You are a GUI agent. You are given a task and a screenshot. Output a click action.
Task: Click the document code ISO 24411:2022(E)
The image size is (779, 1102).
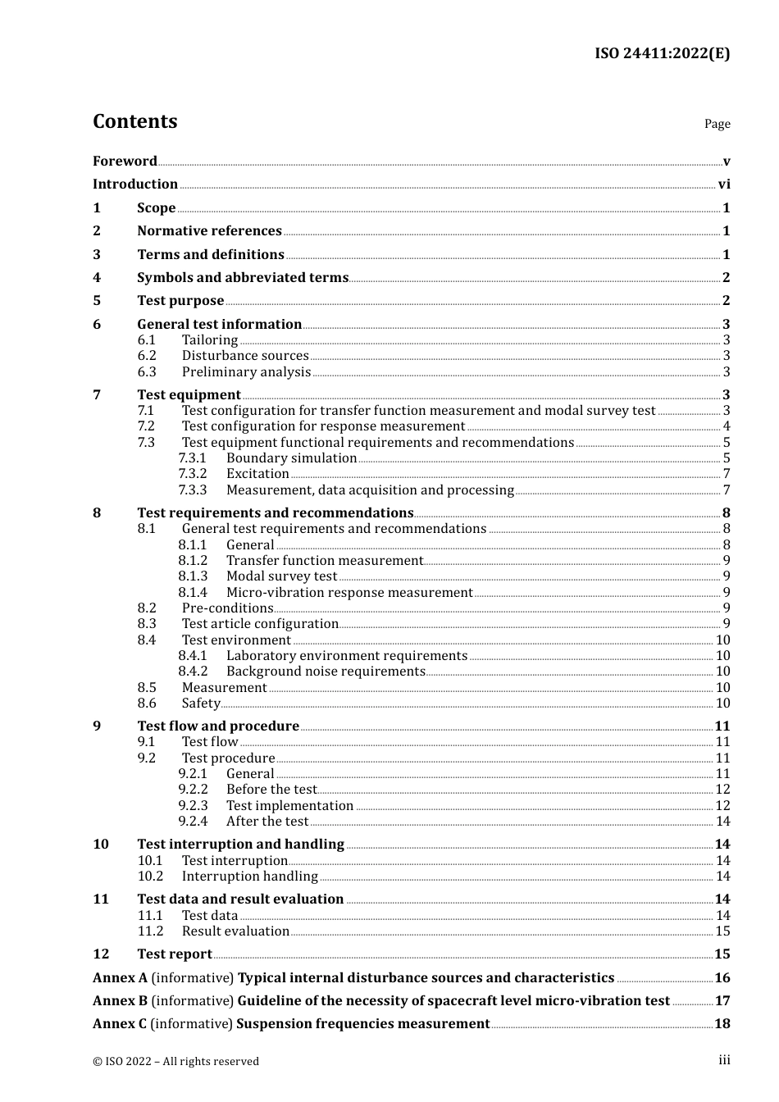662,53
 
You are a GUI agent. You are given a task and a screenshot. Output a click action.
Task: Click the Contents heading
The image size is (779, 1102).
134,121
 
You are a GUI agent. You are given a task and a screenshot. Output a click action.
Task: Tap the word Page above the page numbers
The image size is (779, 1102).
717,124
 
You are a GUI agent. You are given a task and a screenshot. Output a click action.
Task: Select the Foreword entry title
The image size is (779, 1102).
125,161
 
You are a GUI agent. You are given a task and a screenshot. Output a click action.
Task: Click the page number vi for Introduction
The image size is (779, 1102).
724,184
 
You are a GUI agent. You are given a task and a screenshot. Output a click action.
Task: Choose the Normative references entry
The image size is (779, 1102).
209,231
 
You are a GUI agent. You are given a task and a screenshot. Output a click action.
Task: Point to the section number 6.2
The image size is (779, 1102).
147,356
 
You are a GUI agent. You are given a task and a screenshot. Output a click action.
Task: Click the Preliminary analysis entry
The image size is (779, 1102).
246,372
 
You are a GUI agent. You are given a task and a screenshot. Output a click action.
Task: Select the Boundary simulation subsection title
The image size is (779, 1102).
291,458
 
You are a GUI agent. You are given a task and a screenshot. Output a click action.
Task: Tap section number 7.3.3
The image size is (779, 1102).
193,490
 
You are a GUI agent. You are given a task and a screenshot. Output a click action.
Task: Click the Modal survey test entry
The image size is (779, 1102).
281,576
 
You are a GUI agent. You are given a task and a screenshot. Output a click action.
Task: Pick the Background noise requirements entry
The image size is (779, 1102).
326,672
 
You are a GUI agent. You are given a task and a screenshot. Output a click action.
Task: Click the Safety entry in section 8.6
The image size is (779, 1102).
201,704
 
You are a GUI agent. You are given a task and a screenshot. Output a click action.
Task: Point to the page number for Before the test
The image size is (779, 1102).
722,790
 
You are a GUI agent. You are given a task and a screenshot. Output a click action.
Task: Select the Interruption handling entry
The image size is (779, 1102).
249,877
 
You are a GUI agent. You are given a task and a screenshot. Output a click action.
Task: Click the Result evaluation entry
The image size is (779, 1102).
235,931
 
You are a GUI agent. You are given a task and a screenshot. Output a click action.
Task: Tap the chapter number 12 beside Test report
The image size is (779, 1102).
101,954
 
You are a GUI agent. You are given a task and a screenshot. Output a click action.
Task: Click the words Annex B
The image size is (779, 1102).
120,1001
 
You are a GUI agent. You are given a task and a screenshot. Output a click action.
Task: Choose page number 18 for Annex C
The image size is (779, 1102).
722,1024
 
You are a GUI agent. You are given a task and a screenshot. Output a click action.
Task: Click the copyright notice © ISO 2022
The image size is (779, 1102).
175,1061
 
